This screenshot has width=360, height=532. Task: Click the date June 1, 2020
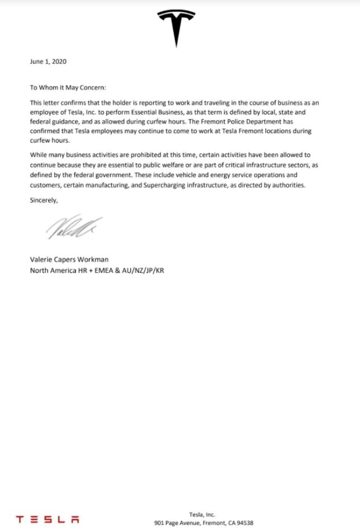(x=48, y=62)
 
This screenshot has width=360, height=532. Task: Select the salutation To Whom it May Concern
(x=67, y=87)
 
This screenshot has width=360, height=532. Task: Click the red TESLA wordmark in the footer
(x=48, y=519)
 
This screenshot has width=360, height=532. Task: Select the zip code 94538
(x=244, y=523)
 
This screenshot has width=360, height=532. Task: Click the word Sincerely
(x=44, y=199)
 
